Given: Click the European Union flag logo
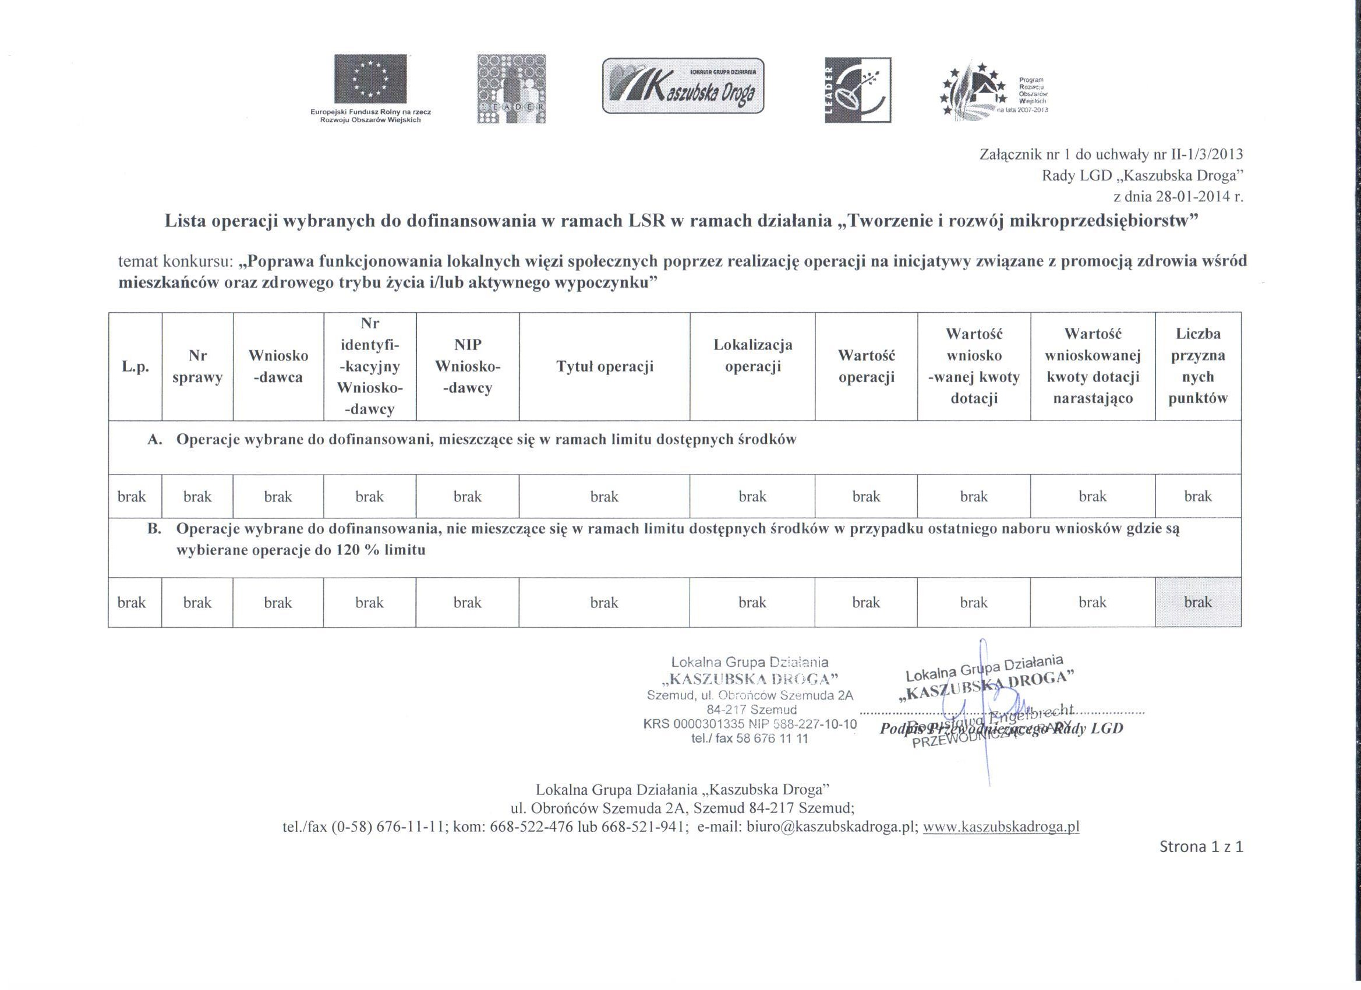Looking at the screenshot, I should coord(370,79).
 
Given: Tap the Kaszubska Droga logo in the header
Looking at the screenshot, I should coord(683,86).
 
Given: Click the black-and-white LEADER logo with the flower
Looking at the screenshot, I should coord(857,90).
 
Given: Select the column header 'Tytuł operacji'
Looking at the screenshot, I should coord(605,367).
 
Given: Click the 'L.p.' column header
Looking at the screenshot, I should coord(135,367).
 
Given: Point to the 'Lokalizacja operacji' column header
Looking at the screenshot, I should coord(752,356).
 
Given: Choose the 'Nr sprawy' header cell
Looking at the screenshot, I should coord(197,367).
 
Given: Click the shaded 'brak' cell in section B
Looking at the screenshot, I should coord(1198,602).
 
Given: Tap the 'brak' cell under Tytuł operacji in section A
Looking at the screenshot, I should coord(605,497).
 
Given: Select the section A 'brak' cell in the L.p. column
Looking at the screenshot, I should coord(132,497).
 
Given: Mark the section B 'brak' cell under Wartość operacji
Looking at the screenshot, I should coord(866,602).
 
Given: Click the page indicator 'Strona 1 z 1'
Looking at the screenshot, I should coord(1201,847).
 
